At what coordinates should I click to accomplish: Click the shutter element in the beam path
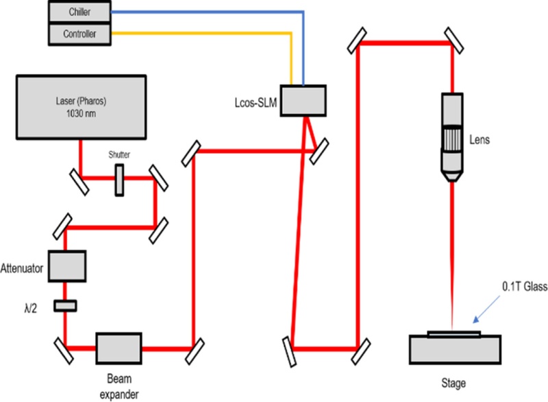(119, 177)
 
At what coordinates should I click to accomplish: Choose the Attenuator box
(66, 266)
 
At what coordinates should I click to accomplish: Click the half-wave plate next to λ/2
(65, 305)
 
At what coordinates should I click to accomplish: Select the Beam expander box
(119, 348)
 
